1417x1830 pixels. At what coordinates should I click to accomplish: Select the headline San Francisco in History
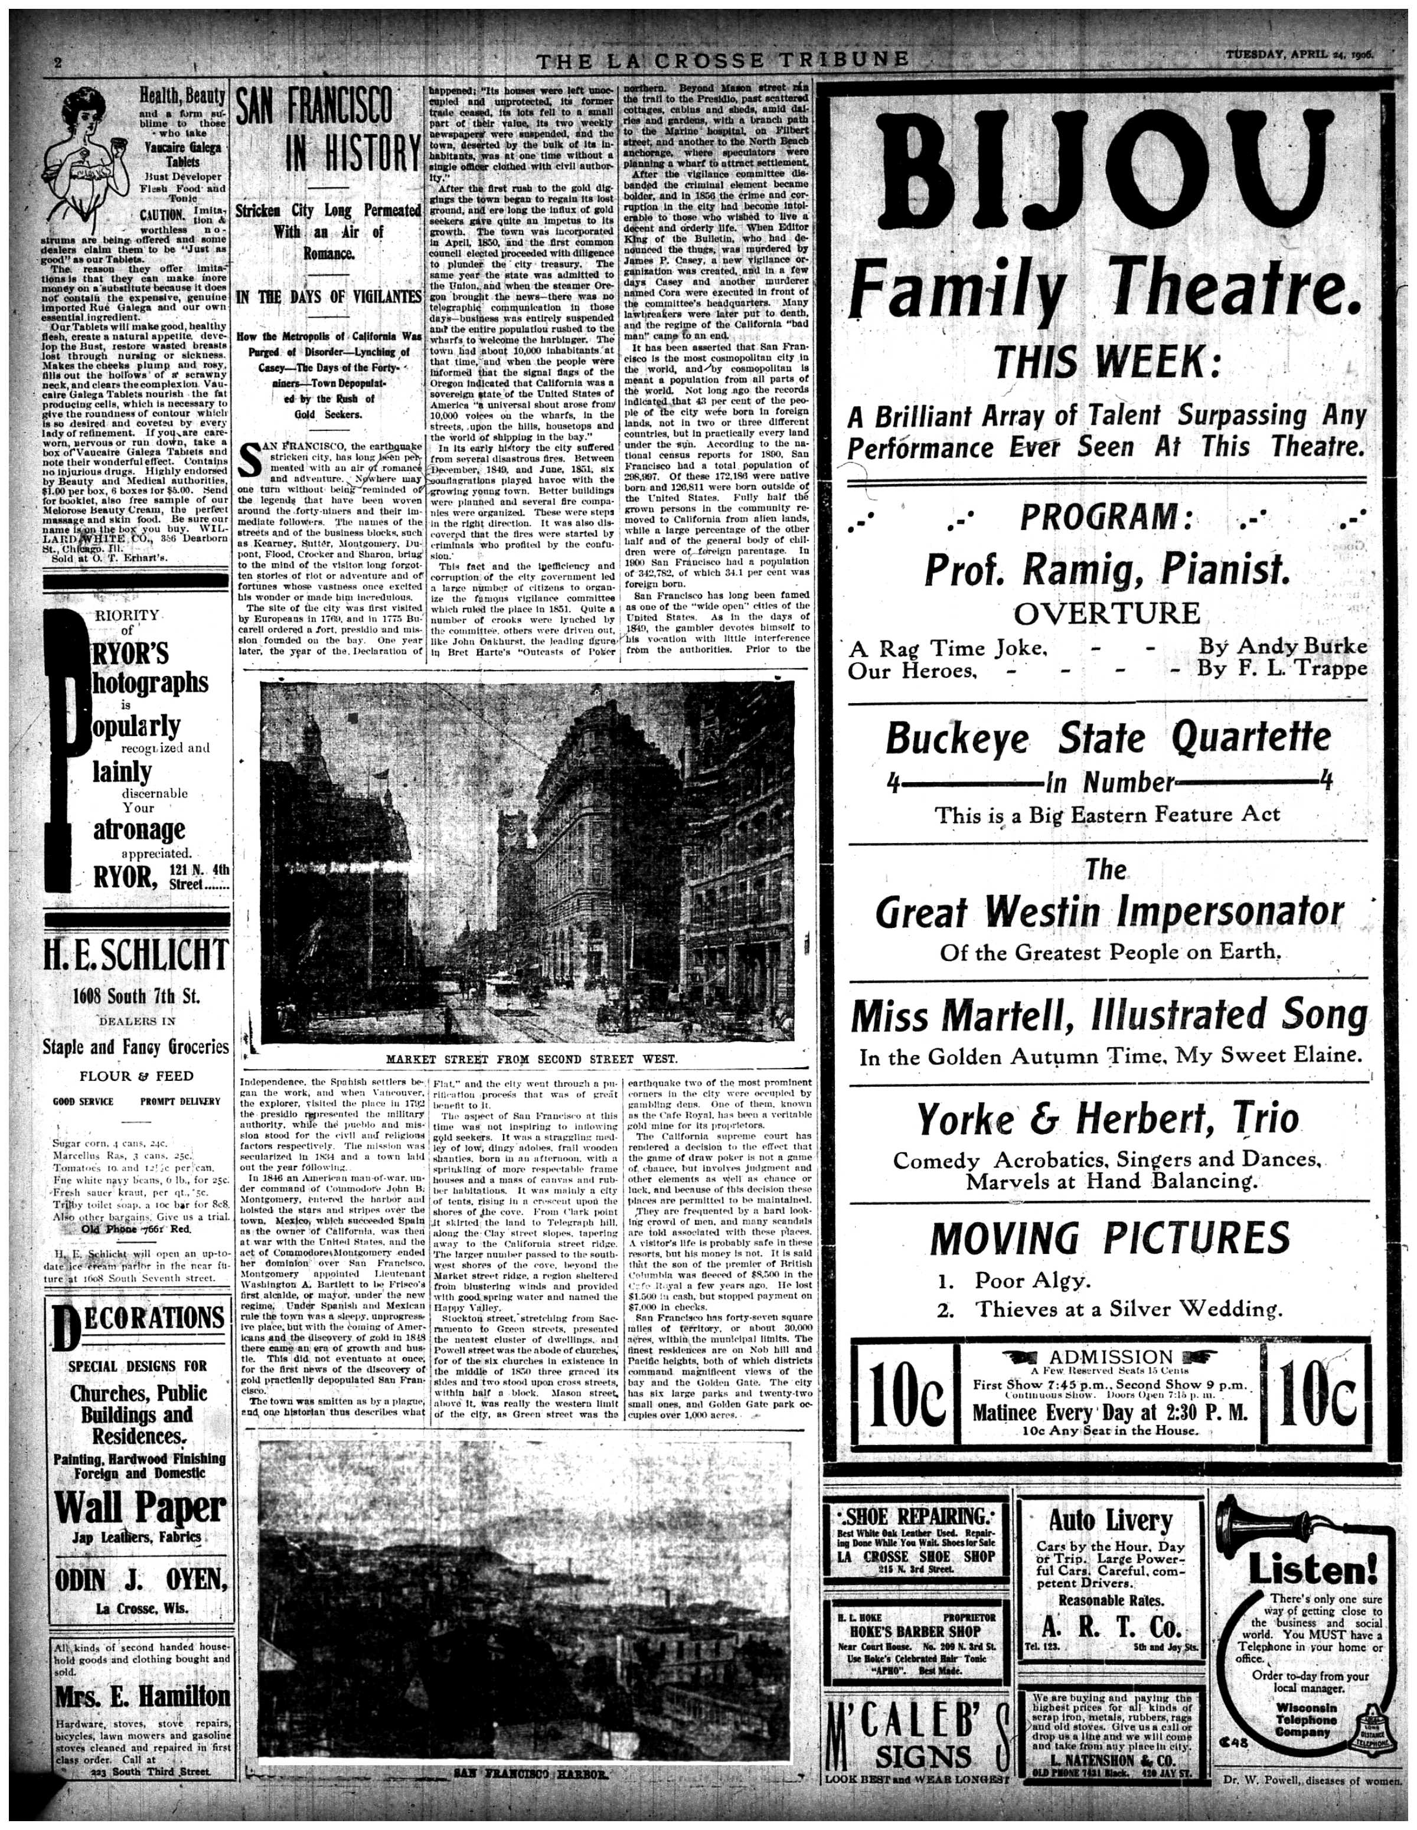(x=328, y=130)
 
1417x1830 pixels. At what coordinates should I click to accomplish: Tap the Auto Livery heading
(x=1109, y=1519)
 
